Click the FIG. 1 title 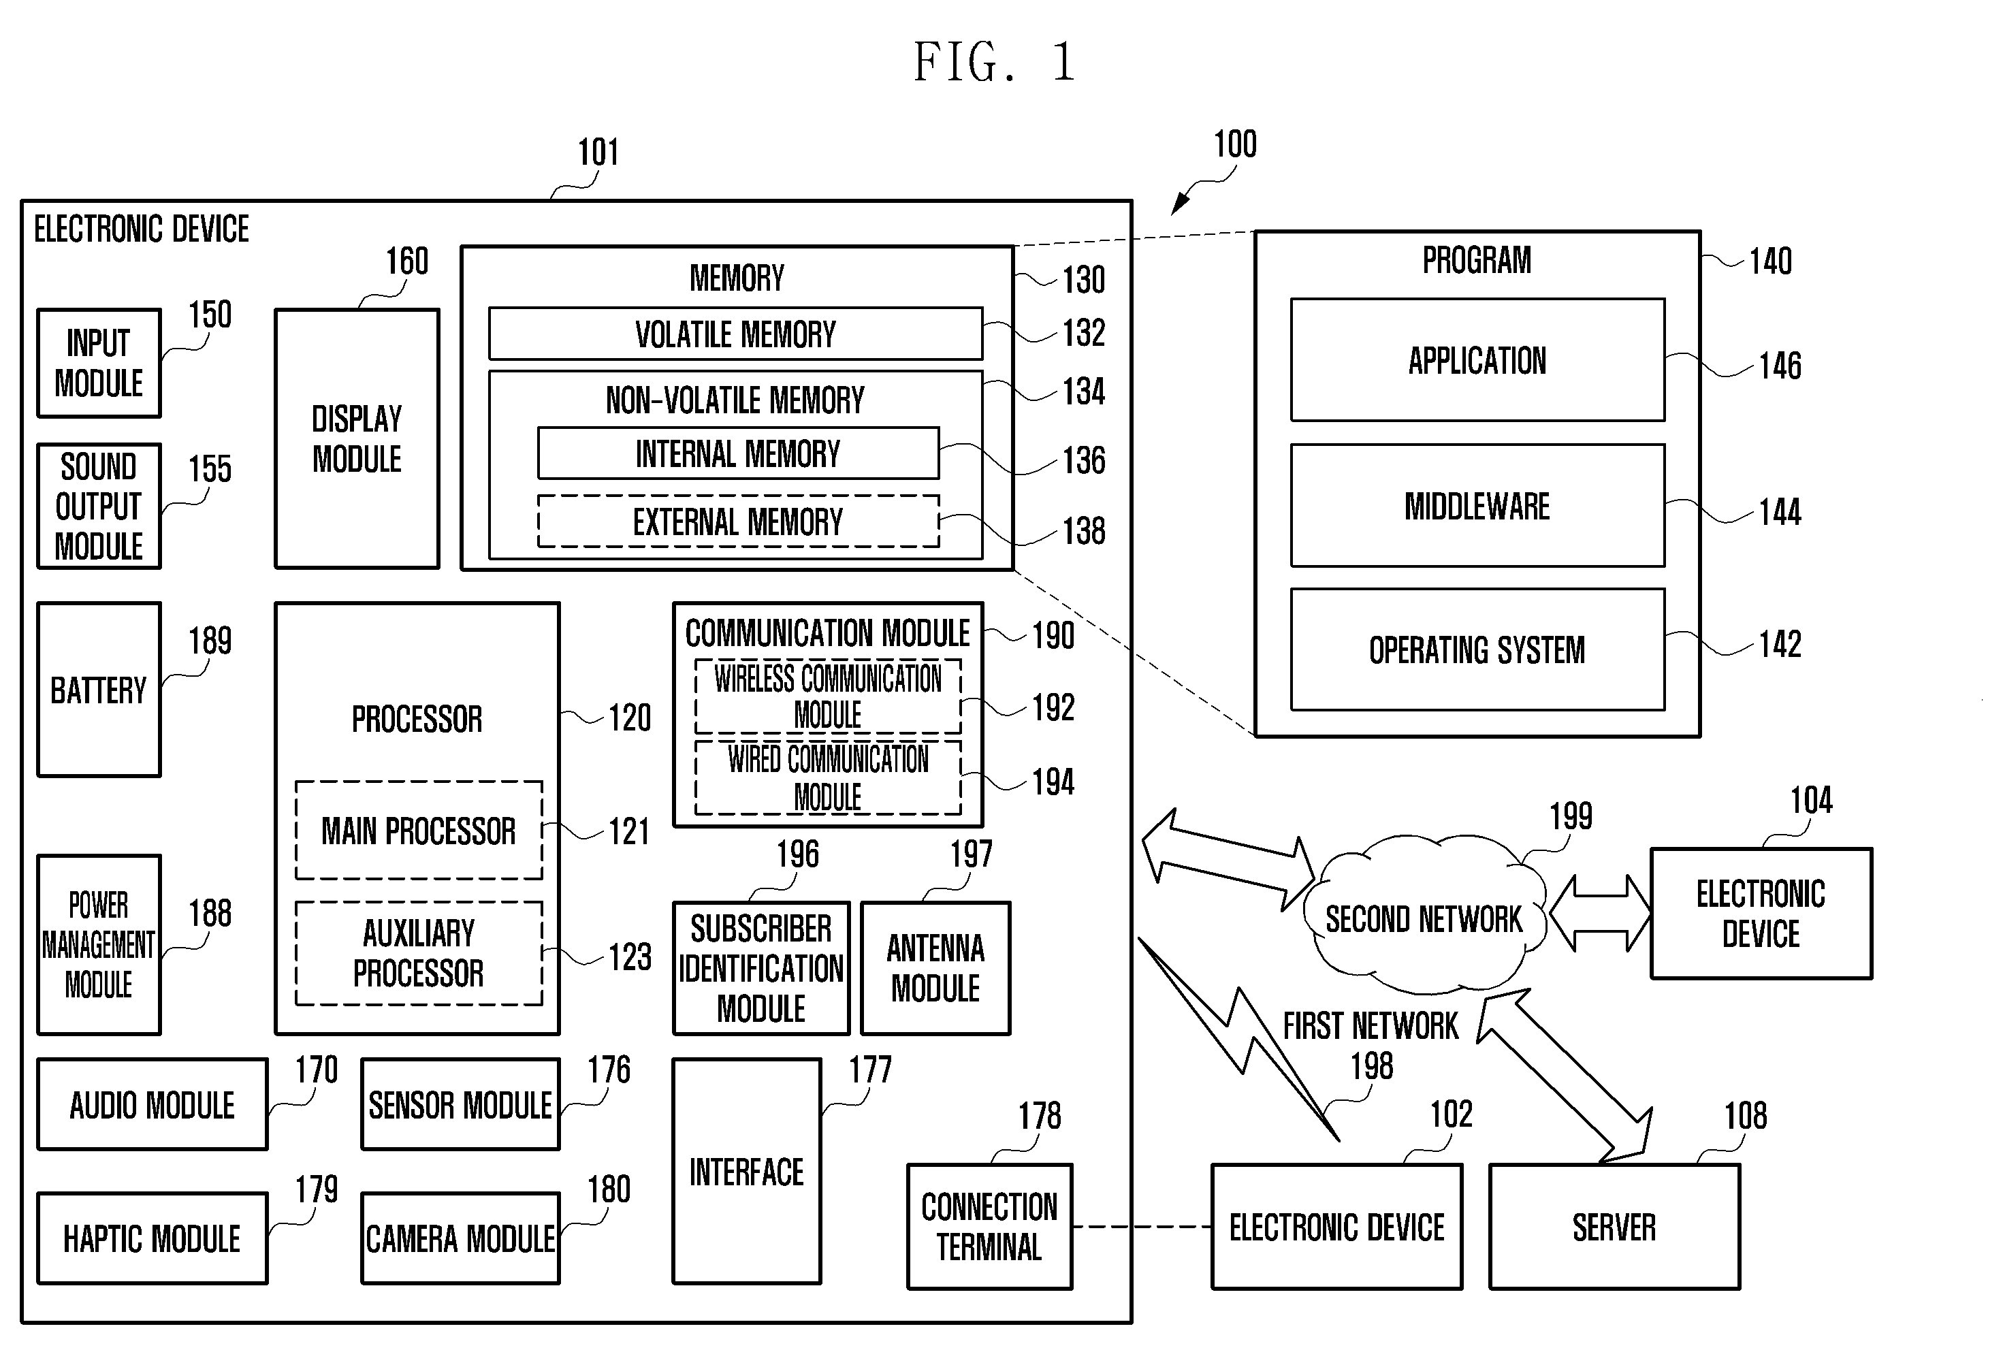coord(995,62)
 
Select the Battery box coord(99,690)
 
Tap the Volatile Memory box coord(735,334)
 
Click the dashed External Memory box coord(738,521)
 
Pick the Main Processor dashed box coord(419,831)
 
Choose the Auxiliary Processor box coord(419,953)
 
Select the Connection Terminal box coord(989,1226)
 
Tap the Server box coord(1614,1226)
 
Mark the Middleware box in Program coord(1477,506)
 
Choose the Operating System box coord(1477,649)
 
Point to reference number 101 coord(598,152)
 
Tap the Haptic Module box coord(153,1238)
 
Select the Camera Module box coord(460,1238)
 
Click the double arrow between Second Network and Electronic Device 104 coord(1600,914)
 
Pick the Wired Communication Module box coord(829,777)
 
